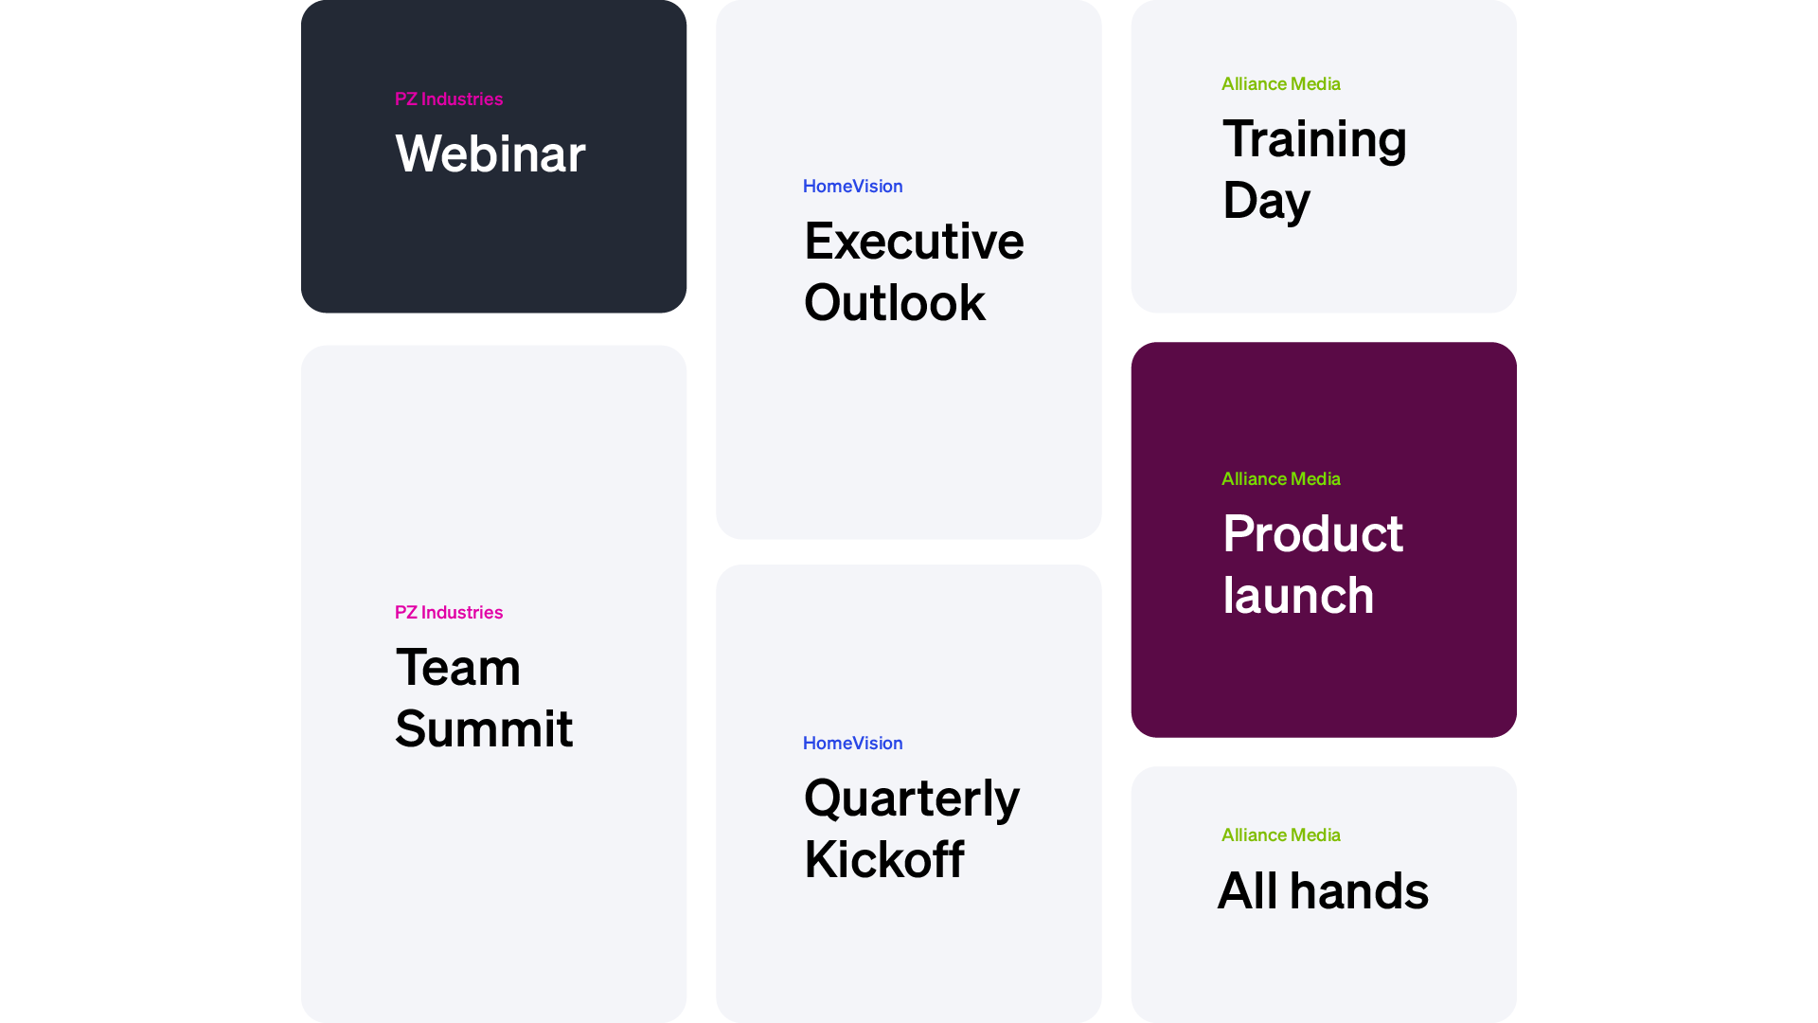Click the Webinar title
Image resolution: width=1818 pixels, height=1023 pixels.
point(490,153)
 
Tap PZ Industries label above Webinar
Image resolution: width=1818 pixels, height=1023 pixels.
point(449,99)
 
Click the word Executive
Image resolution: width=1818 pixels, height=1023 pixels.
point(914,241)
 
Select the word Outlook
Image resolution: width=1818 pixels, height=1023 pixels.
point(895,303)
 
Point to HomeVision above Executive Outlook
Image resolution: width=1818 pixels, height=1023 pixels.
point(853,187)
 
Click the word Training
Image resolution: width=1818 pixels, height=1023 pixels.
point(1314,140)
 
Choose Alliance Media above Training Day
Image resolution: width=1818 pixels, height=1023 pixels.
point(1281,84)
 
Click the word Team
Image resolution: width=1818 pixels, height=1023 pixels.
point(458,667)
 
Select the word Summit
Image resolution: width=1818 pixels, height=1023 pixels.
point(484,728)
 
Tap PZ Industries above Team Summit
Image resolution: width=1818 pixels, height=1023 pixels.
point(449,613)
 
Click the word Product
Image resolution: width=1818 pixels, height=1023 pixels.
point(1312,533)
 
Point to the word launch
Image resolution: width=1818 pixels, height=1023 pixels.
point(1298,595)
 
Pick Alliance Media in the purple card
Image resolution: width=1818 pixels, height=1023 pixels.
point(1281,479)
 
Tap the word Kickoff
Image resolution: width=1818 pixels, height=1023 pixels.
point(884,860)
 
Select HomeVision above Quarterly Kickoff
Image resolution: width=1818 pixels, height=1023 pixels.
point(853,744)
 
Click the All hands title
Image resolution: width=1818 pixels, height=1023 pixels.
point(1323,890)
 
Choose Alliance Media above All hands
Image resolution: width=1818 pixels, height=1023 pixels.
point(1281,835)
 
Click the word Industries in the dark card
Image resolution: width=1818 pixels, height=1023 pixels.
point(462,99)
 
